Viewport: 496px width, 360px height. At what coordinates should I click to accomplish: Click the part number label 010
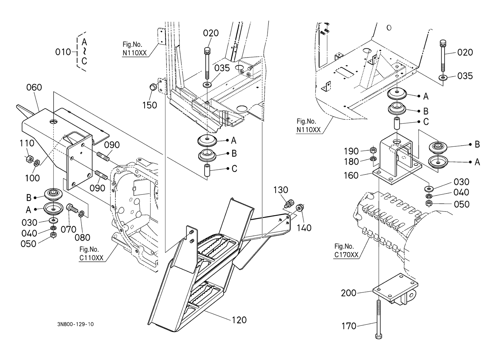click(x=63, y=52)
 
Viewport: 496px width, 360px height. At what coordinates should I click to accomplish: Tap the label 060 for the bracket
click(x=34, y=87)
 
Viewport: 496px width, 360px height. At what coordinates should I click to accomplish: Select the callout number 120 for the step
click(x=239, y=320)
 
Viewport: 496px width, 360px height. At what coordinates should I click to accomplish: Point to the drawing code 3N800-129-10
click(x=75, y=324)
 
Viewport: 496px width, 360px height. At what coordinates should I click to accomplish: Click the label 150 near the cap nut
click(x=150, y=105)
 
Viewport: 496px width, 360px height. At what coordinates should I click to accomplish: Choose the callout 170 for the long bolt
click(x=349, y=326)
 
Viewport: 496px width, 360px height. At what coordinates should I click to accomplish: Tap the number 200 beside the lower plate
click(x=349, y=293)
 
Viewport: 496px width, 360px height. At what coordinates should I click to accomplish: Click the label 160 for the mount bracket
click(x=351, y=176)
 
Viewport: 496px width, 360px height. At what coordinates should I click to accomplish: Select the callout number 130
click(x=281, y=190)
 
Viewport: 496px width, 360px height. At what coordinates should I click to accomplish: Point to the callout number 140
click(x=304, y=228)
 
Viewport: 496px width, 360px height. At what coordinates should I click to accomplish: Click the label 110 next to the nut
click(x=27, y=143)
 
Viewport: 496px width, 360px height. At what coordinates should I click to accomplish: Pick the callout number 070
click(x=68, y=229)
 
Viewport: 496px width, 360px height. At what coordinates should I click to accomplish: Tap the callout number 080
click(x=82, y=238)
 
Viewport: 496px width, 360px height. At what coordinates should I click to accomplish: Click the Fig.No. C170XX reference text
click(x=346, y=251)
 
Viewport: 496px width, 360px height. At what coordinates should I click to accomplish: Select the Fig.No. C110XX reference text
click(x=91, y=254)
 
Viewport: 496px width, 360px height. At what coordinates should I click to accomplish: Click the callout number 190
click(x=351, y=151)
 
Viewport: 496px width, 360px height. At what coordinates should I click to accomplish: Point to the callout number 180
click(x=351, y=162)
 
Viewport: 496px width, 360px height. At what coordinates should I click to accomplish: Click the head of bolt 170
click(x=379, y=337)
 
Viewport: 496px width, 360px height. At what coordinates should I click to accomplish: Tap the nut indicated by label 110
click(x=29, y=159)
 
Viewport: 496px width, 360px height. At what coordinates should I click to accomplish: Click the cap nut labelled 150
click(x=153, y=87)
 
